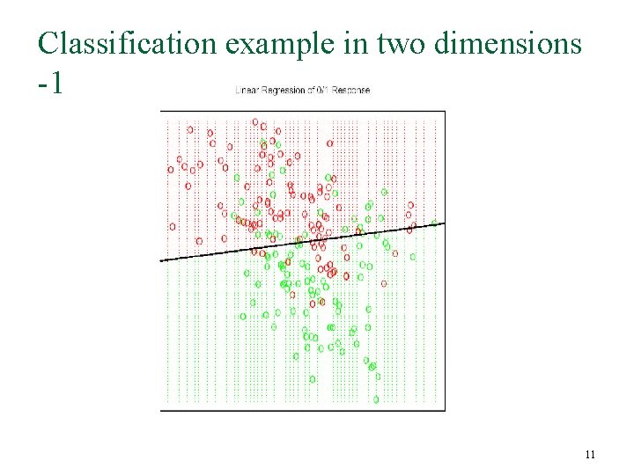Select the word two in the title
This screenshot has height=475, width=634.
(407, 43)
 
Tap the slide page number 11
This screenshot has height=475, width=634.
(590, 455)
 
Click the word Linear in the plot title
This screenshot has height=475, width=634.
(246, 90)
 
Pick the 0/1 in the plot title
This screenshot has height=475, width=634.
(324, 90)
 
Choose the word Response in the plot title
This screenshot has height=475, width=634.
(352, 90)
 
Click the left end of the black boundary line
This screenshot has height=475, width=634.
(161, 260)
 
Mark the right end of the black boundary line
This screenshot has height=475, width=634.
(444, 223)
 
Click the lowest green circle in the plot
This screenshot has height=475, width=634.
(376, 399)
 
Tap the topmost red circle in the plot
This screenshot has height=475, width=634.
(254, 122)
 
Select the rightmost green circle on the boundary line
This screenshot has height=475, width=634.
(433, 224)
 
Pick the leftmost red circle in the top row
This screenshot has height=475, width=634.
(189, 129)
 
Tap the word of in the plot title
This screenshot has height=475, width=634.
(311, 90)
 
